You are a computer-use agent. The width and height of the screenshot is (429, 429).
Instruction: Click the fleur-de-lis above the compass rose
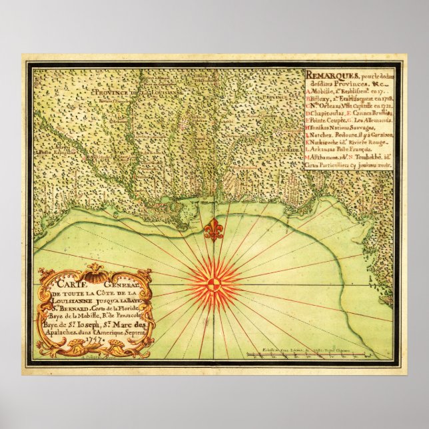pos(213,229)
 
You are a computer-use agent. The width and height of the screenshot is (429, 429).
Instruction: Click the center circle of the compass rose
pos(213,284)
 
